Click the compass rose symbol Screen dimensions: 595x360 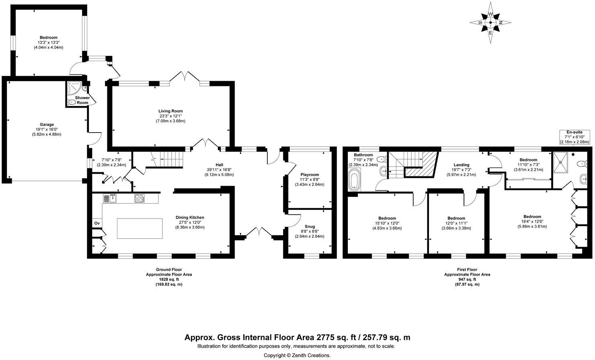[x=490, y=22]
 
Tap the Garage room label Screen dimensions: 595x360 [x=47, y=125]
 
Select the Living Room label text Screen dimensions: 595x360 [x=170, y=111]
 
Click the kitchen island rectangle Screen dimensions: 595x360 [x=140, y=228]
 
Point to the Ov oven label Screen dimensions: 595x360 [x=97, y=223]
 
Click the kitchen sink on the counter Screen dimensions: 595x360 [x=110, y=198]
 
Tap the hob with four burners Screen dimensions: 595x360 [x=140, y=198]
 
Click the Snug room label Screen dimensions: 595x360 [x=310, y=227]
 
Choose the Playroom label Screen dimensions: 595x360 [x=310, y=174]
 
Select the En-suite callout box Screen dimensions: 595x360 [x=574, y=137]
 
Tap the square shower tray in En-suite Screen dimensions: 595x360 [x=560, y=162]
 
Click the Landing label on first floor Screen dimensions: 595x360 [x=462, y=165]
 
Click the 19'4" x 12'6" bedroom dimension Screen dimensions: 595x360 [x=532, y=222]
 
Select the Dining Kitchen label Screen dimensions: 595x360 [x=190, y=217]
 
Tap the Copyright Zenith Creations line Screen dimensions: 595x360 [x=297, y=355]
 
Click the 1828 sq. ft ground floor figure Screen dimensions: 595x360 [x=169, y=279]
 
